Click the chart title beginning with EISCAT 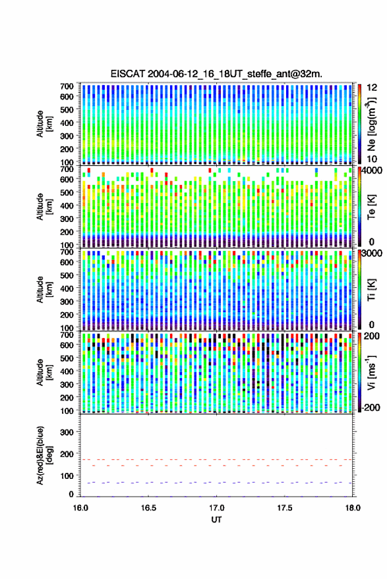coord(216,74)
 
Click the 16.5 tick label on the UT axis coord(148,508)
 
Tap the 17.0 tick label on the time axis coord(216,508)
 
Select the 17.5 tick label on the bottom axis coord(284,508)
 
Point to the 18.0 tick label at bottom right coord(353,508)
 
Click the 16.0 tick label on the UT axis coord(80,508)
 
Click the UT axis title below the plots coord(216,520)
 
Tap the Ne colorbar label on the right coord(372,124)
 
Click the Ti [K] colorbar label coord(371,290)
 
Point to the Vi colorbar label coord(371,372)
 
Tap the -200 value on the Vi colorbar coord(371,408)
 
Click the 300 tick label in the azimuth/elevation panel coord(67,432)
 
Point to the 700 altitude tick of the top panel coord(67,86)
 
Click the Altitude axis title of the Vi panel coord(44,372)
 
